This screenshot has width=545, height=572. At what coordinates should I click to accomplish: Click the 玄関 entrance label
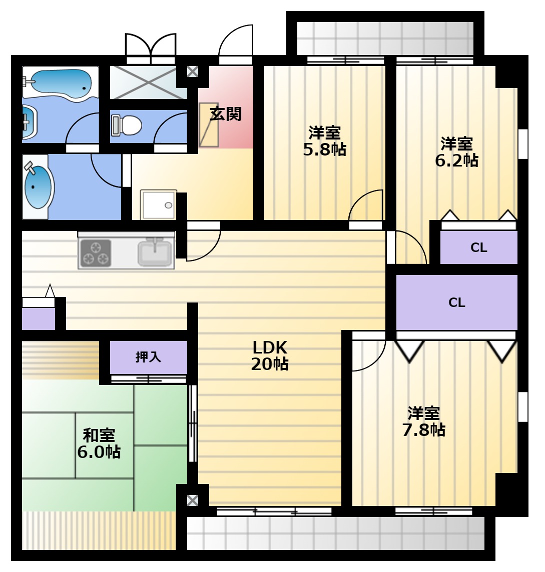click(x=226, y=114)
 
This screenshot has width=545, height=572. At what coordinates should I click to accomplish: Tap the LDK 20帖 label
click(x=270, y=355)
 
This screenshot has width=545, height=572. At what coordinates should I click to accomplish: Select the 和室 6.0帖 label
click(x=99, y=443)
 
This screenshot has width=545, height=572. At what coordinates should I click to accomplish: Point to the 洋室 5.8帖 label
click(x=324, y=141)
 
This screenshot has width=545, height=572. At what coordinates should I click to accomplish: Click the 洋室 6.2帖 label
click(x=456, y=152)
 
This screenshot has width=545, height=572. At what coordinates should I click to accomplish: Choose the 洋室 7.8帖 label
click(x=424, y=421)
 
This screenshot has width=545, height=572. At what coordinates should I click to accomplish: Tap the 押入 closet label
click(x=148, y=356)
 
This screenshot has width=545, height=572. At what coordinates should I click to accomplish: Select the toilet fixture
click(x=127, y=125)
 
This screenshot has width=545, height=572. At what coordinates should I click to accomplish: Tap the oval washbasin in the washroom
click(x=38, y=187)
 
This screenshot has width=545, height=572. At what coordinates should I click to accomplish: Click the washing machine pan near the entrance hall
click(x=159, y=204)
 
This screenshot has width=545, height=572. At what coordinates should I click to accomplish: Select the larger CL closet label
click(x=456, y=302)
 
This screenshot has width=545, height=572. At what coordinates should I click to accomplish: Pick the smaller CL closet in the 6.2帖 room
click(x=478, y=247)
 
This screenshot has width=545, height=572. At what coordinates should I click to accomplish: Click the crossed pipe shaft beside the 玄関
click(x=192, y=71)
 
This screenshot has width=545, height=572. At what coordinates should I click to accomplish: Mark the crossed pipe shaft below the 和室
click(x=192, y=500)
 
